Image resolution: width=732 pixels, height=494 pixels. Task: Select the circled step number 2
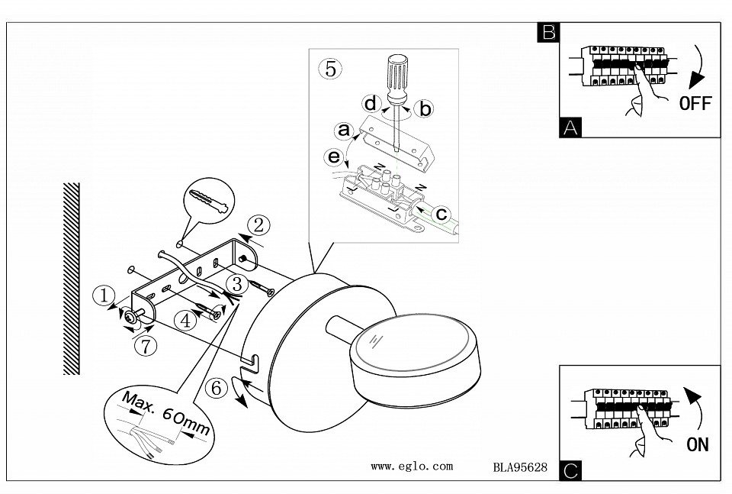click(259, 224)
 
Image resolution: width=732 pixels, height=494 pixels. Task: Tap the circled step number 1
click(101, 294)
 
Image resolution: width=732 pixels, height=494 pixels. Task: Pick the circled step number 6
click(217, 388)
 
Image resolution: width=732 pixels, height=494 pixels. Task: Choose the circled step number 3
click(237, 285)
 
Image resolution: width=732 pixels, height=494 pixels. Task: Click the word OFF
click(695, 104)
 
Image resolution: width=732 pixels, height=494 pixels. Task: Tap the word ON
click(697, 445)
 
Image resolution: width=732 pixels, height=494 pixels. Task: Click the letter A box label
click(569, 128)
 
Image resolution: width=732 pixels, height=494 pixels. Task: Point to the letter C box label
click(569, 471)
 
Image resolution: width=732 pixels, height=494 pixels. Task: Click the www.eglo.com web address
click(412, 466)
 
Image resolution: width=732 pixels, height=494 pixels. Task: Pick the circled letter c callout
click(441, 215)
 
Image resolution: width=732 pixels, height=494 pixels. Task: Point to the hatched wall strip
click(71, 279)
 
